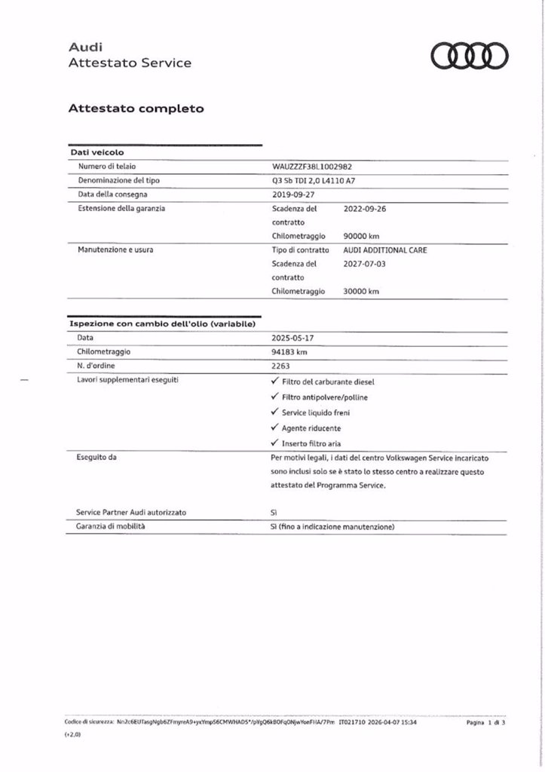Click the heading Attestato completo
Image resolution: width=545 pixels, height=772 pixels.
coord(136,109)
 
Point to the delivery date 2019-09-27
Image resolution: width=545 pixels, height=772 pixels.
coord(295,194)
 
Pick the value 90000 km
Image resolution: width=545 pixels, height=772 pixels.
coord(361,236)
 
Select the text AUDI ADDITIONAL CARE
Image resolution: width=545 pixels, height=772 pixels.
coord(384,250)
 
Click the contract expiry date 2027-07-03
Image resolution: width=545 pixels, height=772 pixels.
coord(364,263)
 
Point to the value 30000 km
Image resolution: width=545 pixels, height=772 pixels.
coord(361,291)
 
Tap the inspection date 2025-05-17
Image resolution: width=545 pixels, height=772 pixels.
coord(295,338)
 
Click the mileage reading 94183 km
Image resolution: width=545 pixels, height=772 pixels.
coord(289,351)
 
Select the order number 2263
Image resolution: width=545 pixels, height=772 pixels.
coord(280,366)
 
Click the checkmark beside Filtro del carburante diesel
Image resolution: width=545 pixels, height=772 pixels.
coord(274,381)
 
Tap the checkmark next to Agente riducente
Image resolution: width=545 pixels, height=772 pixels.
coord(274,427)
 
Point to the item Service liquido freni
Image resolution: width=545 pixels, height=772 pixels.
coord(315,412)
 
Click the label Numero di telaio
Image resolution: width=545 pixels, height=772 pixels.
coord(106,166)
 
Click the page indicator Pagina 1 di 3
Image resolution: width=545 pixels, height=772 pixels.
coord(485,722)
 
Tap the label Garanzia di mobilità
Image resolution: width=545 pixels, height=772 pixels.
coord(111,525)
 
